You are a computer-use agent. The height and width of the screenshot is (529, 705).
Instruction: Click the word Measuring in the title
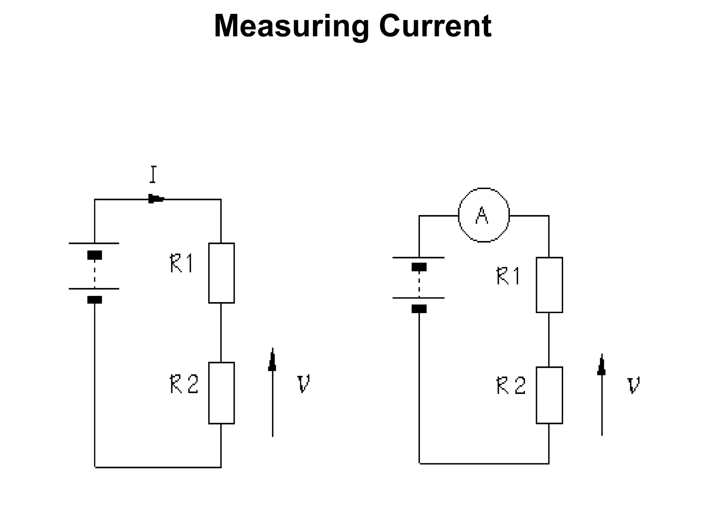(291, 27)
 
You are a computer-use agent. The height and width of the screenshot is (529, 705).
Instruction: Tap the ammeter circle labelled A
(484, 215)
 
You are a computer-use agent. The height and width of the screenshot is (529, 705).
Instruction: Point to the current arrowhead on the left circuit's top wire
(156, 199)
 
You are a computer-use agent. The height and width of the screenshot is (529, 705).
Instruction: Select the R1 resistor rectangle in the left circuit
(221, 273)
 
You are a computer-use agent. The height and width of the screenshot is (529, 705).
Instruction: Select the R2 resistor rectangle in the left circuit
(221, 393)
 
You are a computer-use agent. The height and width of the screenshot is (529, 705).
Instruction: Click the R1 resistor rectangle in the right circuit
(549, 285)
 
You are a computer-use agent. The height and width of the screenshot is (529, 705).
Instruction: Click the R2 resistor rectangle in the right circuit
(549, 395)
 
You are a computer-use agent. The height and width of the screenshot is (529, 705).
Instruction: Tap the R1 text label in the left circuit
(182, 263)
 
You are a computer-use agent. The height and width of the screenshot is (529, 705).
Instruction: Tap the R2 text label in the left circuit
(184, 384)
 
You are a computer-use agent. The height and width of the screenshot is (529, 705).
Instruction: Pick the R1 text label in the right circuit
(508, 276)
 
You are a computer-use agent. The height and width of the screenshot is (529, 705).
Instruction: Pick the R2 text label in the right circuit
(511, 385)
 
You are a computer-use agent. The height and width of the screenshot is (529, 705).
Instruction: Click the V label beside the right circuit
(633, 385)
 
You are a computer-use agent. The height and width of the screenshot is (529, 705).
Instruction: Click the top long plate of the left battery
(94, 243)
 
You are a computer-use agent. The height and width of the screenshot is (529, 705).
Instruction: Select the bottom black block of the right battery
(419, 309)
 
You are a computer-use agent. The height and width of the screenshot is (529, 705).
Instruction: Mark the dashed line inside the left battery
(94, 274)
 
